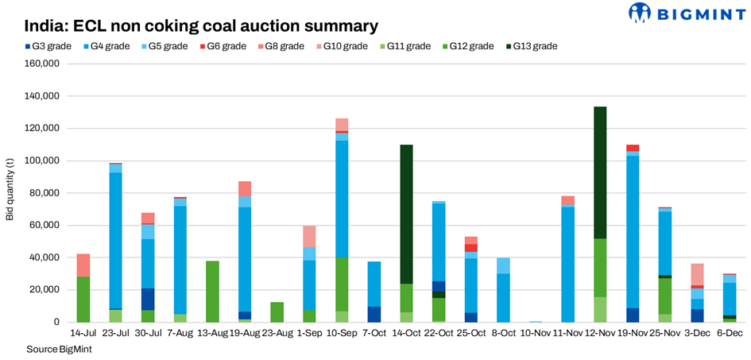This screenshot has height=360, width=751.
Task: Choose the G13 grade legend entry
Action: [532, 46]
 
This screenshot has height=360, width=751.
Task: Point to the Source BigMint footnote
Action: [58, 349]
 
